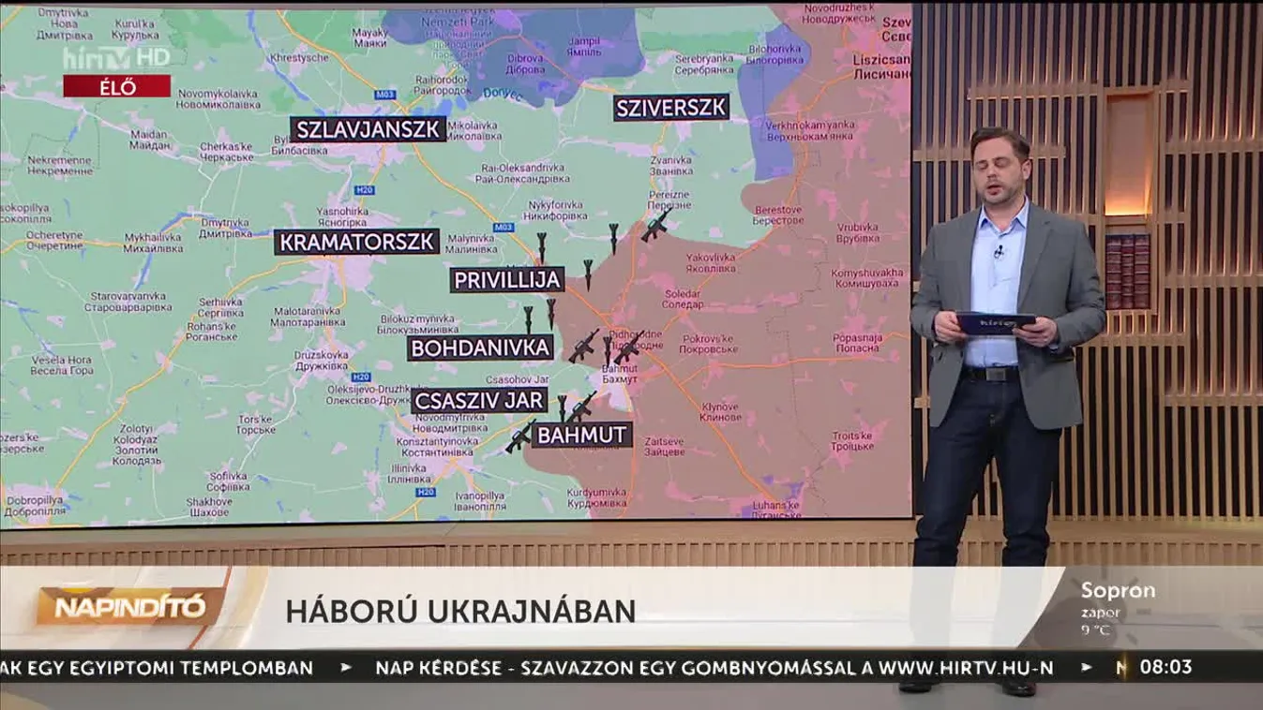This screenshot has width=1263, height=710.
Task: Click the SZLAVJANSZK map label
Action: (368, 129)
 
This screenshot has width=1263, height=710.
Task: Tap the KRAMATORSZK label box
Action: (357, 242)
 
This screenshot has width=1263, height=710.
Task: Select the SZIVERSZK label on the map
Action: (671, 108)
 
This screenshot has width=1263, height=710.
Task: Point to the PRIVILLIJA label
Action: (507, 279)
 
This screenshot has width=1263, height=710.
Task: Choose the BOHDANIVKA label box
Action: (480, 348)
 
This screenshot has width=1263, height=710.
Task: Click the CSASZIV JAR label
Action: (479, 401)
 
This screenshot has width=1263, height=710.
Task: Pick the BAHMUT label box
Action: (581, 435)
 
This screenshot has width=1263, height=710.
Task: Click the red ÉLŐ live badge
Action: (117, 87)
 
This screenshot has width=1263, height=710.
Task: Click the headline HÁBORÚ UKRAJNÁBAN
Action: (460, 611)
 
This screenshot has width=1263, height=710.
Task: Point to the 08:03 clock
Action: (1165, 667)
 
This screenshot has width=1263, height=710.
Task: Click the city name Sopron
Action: (1118, 591)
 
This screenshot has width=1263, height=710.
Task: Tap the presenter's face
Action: (1000, 167)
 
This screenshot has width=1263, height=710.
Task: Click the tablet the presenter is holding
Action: (995, 323)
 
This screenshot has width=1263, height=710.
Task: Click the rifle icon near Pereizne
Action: (655, 226)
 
